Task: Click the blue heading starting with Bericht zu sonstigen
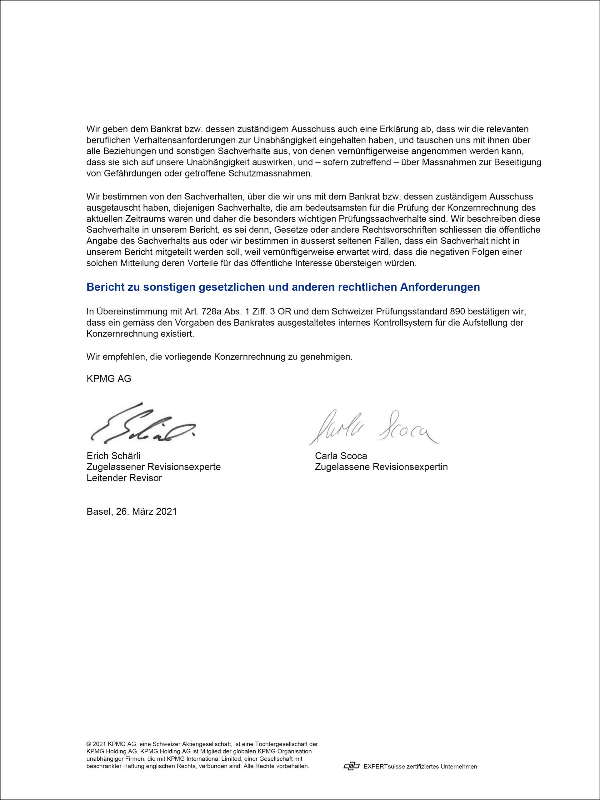click(283, 287)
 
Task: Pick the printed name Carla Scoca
click(341, 456)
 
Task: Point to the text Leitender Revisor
click(124, 478)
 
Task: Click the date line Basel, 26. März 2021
click(132, 512)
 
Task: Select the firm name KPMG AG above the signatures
click(109, 379)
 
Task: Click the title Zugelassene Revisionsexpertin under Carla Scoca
click(381, 467)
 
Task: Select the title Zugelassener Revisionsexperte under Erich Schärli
click(153, 467)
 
